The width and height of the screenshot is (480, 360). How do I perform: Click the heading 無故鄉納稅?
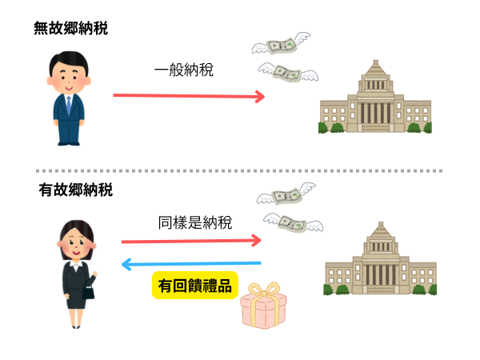click(70, 28)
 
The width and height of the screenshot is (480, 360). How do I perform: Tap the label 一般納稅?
click(183, 70)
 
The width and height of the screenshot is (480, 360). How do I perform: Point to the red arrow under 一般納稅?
click(189, 96)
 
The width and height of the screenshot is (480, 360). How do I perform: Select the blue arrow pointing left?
click(192, 263)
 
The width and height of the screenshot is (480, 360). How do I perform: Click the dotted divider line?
click(240, 170)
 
